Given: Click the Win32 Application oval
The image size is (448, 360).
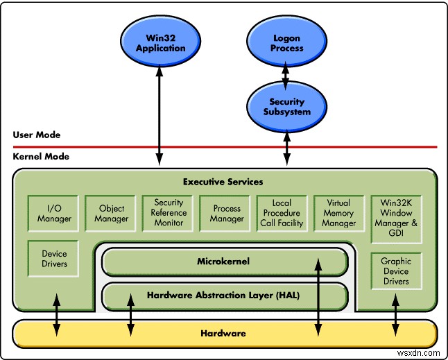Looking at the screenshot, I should (161, 43).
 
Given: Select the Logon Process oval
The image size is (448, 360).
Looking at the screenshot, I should (286, 43).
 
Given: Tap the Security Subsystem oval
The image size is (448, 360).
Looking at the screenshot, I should (286, 107).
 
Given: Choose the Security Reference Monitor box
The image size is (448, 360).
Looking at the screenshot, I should (169, 213).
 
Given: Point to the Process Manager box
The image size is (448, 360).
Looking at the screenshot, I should (227, 214).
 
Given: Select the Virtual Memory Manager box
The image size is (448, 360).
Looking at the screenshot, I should (338, 214).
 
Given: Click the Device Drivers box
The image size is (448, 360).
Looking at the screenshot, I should (54, 259).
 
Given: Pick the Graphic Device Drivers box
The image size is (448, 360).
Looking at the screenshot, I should (396, 271).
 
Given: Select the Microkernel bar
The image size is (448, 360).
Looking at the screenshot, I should (223, 262).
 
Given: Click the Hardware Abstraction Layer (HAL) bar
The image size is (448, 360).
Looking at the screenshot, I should (223, 295).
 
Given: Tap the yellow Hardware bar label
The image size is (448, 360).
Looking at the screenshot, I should (223, 333).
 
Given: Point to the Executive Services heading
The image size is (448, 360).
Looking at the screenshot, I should (223, 182).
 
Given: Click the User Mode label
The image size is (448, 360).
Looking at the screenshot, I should (37, 135).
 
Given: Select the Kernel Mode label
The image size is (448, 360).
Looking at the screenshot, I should (40, 157).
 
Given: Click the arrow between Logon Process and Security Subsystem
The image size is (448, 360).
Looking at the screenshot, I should (286, 73).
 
